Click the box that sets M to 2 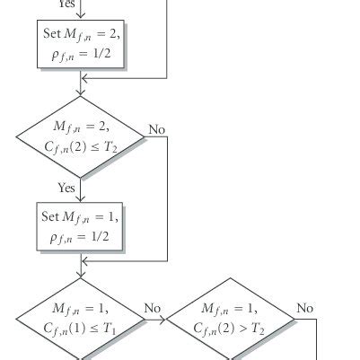click(x=81, y=45)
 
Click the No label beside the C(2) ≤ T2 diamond click(x=157, y=129)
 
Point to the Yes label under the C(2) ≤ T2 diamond click(x=66, y=188)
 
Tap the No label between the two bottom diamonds click(x=153, y=309)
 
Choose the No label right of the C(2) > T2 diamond click(x=305, y=309)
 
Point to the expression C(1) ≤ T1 click(x=80, y=329)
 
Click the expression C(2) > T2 click(x=231, y=329)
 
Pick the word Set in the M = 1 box click(x=51, y=217)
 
